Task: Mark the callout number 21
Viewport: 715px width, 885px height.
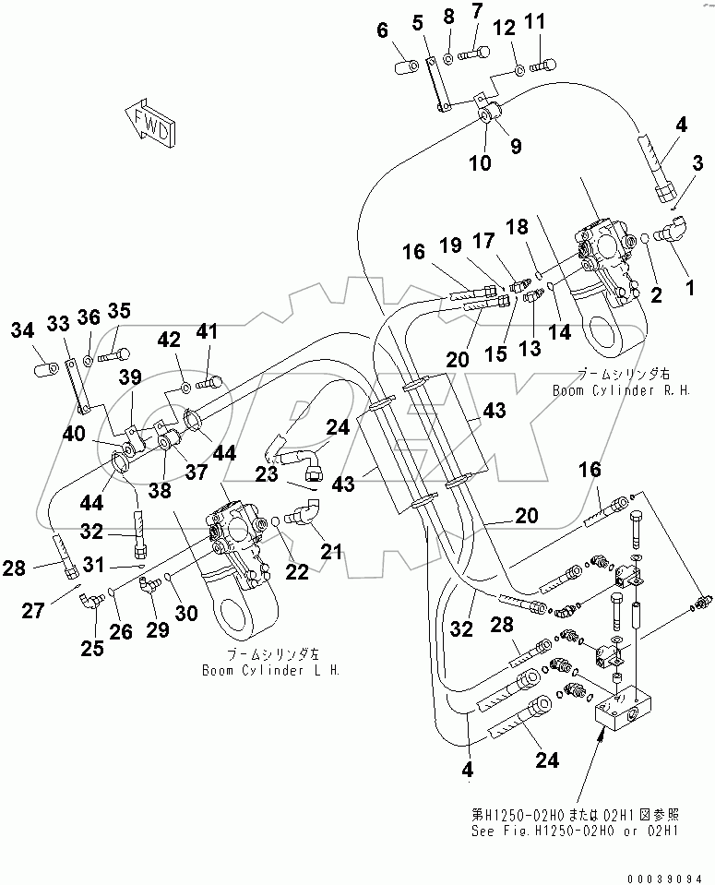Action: pyautogui.click(x=330, y=552)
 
